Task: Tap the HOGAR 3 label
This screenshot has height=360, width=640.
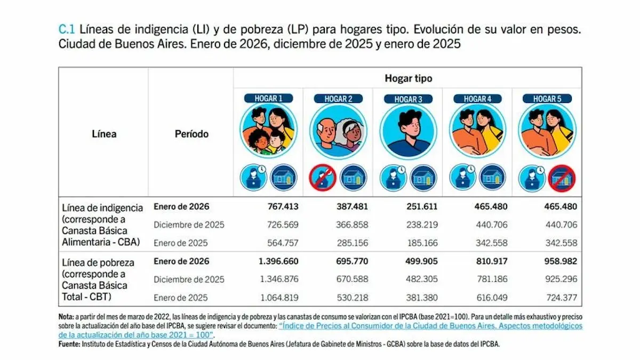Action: point(408,99)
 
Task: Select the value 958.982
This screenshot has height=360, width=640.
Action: point(558,261)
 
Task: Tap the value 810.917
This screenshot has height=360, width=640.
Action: point(489,261)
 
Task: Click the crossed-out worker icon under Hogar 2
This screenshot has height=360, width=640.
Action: point(324,178)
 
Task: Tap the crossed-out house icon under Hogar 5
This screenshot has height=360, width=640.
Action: point(563,178)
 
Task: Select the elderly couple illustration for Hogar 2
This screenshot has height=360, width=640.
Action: point(338,131)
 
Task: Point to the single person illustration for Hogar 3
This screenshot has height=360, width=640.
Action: point(408,131)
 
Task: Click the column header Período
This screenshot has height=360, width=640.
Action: point(191,134)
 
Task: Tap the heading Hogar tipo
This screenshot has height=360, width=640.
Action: point(409,78)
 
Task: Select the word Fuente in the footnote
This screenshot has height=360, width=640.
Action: point(69,345)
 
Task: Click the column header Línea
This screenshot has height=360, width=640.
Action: point(104,134)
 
